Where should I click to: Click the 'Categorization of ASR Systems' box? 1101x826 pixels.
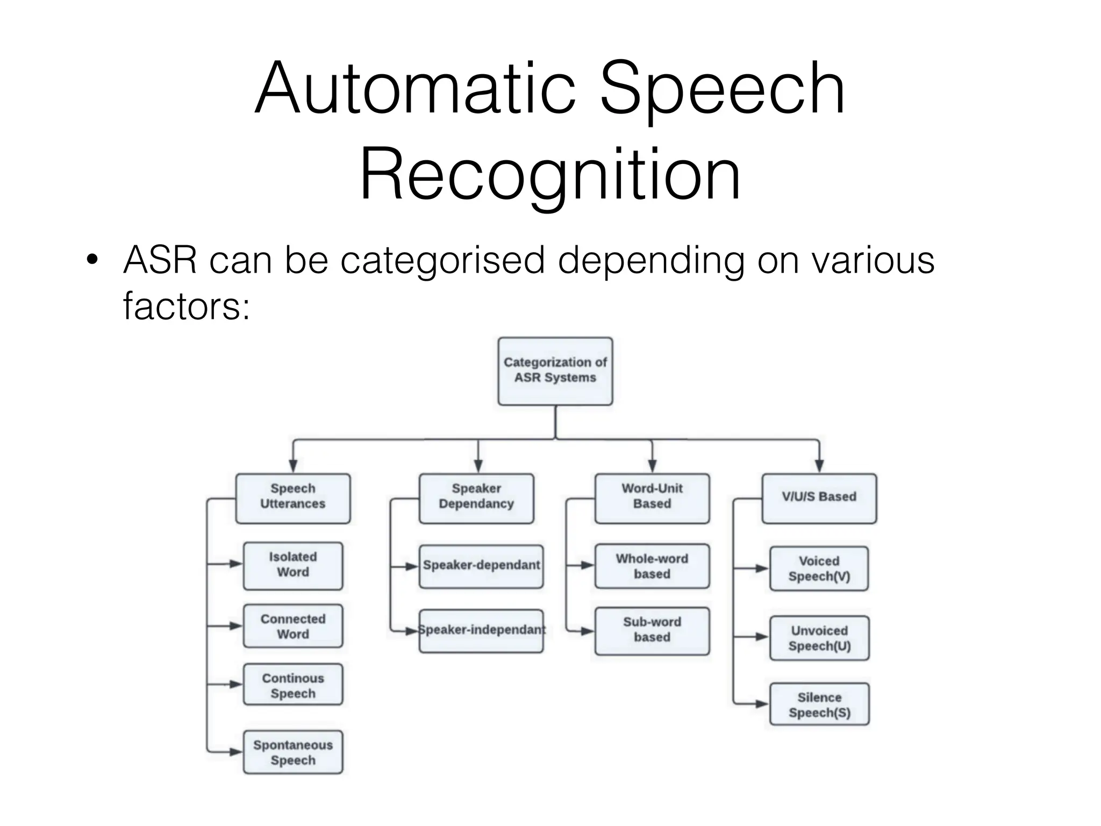pos(555,371)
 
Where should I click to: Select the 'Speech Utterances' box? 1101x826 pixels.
pos(293,498)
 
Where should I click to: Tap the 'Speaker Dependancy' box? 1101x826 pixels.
pos(476,498)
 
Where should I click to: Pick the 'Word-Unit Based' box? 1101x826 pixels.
pos(652,498)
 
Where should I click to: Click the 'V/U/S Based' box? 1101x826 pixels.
pos(819,498)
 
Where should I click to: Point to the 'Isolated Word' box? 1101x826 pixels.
pos(293,566)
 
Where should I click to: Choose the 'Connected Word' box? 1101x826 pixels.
pos(293,626)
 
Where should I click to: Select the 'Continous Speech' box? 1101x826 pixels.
pos(293,685)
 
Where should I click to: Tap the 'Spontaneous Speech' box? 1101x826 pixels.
pos(293,752)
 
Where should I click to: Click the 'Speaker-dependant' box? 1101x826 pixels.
pos(481,566)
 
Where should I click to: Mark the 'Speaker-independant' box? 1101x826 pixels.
pos(481,631)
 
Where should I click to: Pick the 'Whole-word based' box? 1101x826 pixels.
pos(652,566)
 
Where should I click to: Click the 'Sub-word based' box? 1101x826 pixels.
pos(652,631)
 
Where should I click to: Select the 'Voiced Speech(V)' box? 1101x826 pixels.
pos(819,569)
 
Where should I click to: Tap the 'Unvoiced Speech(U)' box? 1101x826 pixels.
pos(819,638)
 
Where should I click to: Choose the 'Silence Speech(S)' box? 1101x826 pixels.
pos(819,704)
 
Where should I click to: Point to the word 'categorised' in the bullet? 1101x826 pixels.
pos(442,260)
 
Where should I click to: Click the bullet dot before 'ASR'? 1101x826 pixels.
pos(92,260)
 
